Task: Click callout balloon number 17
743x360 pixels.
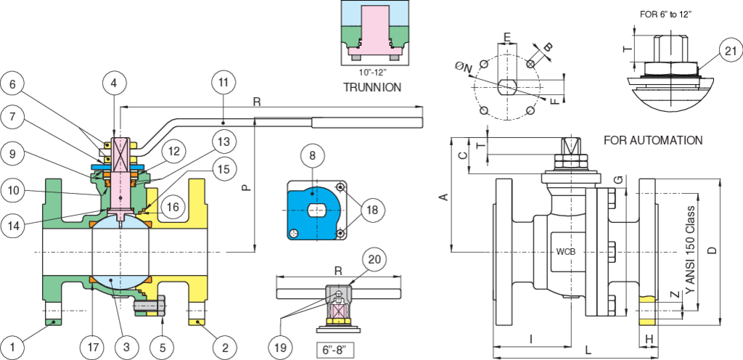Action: (x=93, y=347)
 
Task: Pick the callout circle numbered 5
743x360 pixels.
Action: (x=163, y=347)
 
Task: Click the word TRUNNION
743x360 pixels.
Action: (x=372, y=87)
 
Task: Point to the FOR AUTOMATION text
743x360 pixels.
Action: (x=653, y=140)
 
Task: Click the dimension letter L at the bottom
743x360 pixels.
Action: (x=588, y=351)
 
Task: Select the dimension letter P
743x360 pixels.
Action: (x=245, y=187)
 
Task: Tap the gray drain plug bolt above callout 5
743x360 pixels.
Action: (x=149, y=306)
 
